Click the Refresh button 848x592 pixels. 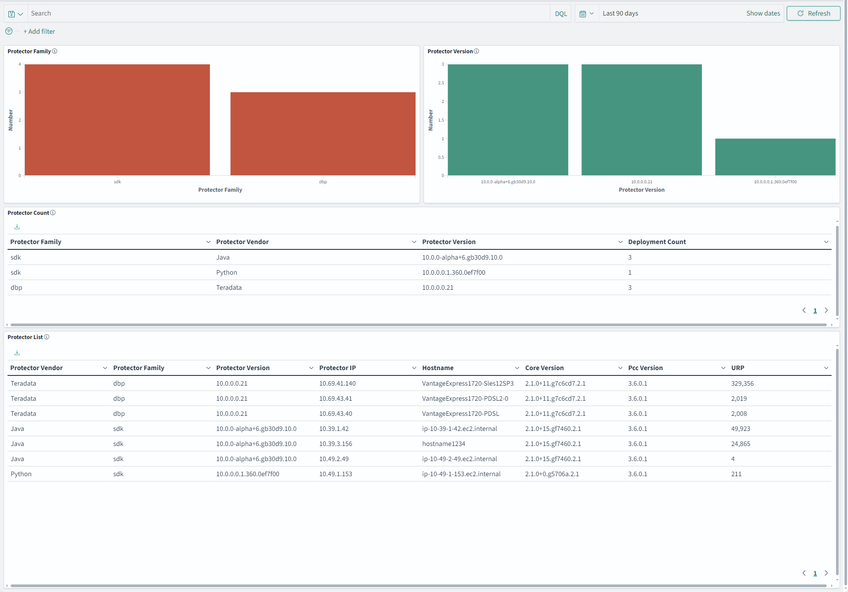click(x=813, y=13)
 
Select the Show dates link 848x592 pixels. click(x=763, y=13)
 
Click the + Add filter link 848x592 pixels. click(x=39, y=32)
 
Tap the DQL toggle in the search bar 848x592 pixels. click(x=561, y=14)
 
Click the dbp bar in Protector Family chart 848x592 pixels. click(x=322, y=134)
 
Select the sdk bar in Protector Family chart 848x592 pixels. click(x=117, y=120)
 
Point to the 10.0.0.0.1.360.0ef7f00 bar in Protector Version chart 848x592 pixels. click(x=775, y=157)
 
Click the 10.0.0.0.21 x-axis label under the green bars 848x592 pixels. click(x=641, y=182)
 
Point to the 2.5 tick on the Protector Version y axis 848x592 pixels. click(x=441, y=83)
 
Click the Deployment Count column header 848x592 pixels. click(x=657, y=242)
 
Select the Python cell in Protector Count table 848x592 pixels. click(x=227, y=272)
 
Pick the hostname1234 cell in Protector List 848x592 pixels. click(x=444, y=444)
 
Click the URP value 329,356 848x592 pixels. click(x=742, y=383)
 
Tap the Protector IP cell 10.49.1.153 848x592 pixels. click(x=335, y=474)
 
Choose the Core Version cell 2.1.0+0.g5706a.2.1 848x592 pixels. click(x=552, y=474)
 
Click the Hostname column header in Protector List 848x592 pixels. click(x=438, y=368)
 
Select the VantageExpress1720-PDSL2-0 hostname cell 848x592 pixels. click(x=465, y=399)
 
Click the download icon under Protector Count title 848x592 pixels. click(x=17, y=227)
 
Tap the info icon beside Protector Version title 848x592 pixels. click(x=476, y=51)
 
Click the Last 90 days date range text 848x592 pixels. click(x=620, y=13)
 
